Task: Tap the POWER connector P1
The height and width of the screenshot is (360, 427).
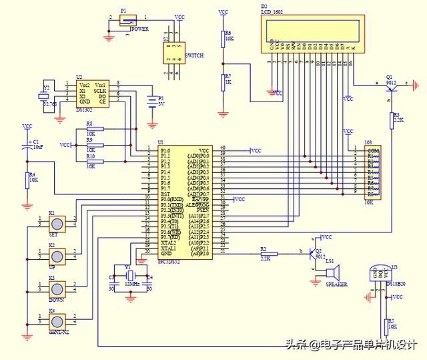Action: click(125, 21)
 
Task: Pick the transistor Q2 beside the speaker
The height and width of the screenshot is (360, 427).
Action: click(313, 256)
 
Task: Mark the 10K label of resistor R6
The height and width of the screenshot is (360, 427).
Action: click(228, 39)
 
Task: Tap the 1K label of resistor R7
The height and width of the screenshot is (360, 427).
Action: click(228, 82)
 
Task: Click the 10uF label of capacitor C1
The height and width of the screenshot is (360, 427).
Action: click(38, 147)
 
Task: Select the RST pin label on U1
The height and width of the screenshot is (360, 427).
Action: click(165, 194)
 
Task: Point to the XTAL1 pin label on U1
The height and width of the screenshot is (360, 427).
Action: click(168, 247)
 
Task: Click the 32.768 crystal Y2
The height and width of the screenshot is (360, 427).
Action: click(47, 96)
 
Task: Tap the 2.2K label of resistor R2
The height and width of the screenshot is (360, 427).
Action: click(265, 257)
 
